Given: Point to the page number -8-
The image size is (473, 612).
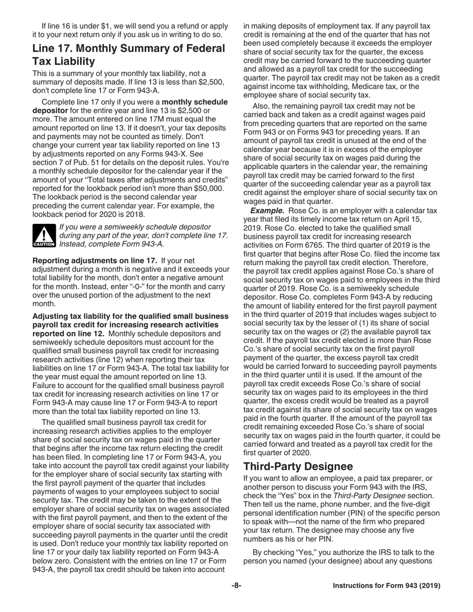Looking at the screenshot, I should (x=236, y=586).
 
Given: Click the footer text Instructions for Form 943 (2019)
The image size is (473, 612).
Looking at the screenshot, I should (x=386, y=586).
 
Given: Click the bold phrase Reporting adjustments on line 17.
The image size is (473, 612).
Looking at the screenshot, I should (x=95, y=260).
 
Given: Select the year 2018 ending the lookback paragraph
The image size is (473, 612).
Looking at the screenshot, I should (x=135, y=214).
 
